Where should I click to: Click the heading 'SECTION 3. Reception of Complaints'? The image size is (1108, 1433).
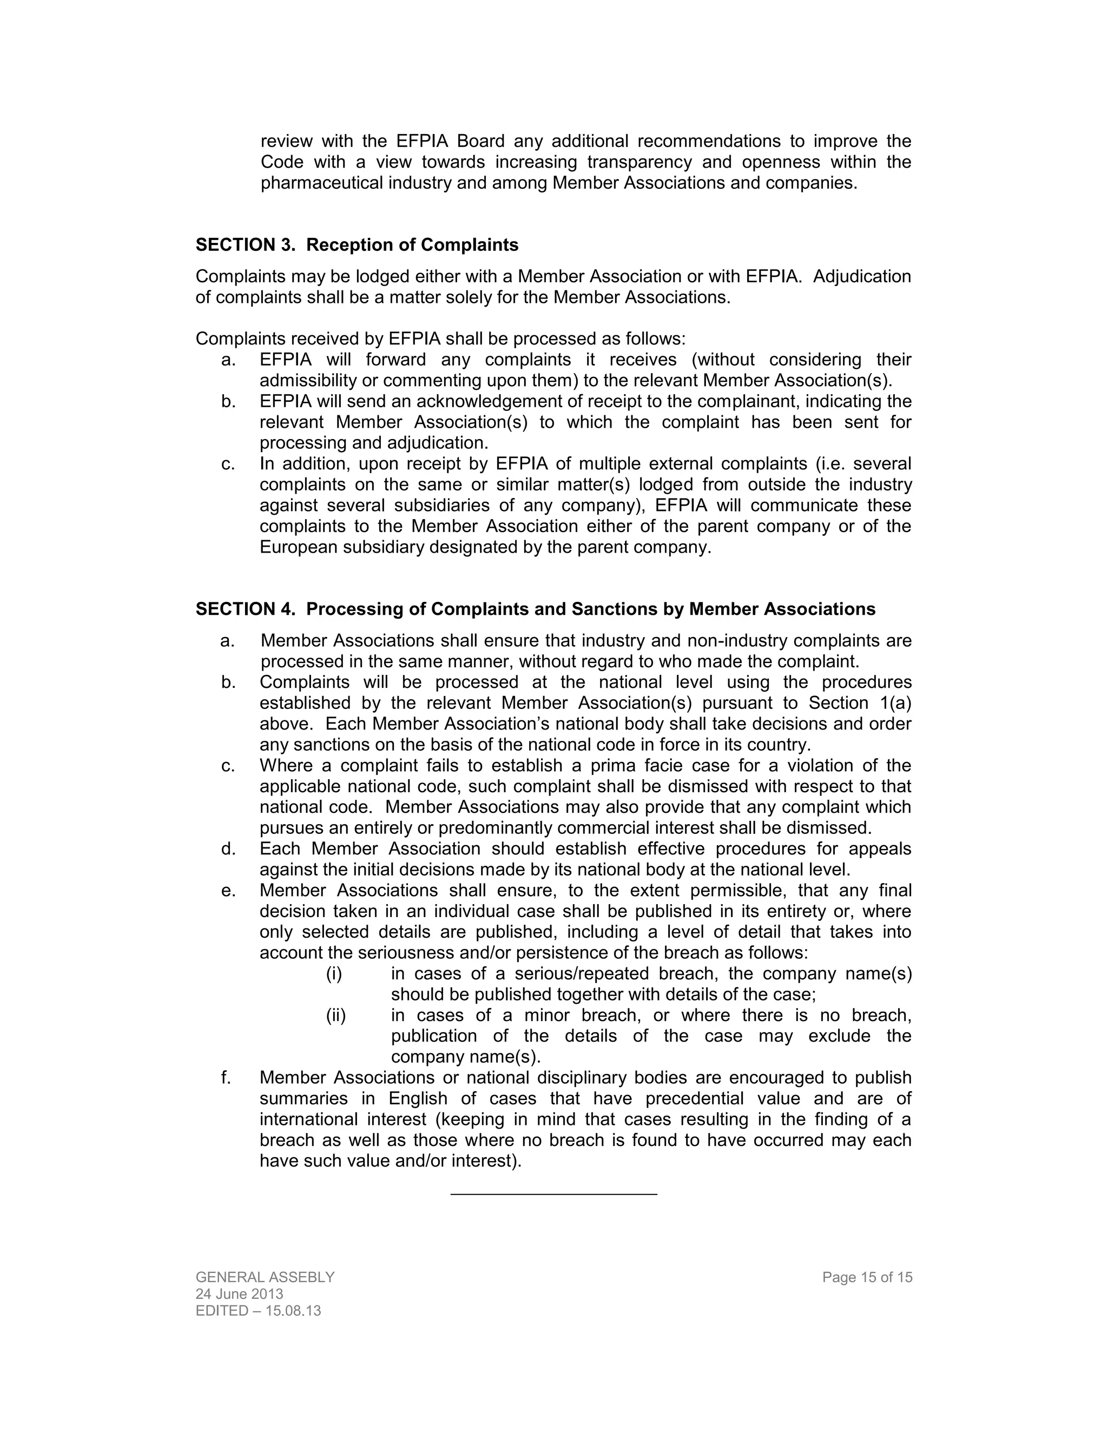point(357,245)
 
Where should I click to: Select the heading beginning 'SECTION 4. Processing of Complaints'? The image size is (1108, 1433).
point(535,609)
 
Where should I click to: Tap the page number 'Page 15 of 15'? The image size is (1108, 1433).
point(867,1277)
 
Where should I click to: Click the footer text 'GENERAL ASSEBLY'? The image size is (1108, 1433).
point(265,1277)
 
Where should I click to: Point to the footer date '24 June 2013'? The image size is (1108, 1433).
point(240,1294)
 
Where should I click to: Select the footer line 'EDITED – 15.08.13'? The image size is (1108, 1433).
point(258,1311)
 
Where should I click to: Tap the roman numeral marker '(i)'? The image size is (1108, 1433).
point(334,973)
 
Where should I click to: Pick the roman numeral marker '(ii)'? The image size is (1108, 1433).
point(335,1015)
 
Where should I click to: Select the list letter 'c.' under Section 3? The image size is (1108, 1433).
point(228,463)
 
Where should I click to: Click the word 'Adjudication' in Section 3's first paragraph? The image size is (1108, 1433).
point(862,276)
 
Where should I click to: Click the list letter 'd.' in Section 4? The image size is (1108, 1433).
point(228,848)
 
